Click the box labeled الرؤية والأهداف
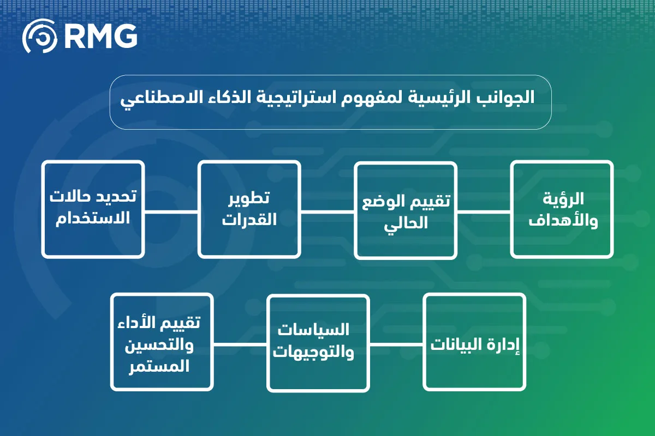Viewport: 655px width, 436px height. (x=562, y=209)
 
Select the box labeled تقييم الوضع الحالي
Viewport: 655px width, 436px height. (x=406, y=209)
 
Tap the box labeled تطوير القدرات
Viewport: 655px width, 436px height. (x=249, y=209)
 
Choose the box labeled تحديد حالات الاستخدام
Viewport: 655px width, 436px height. (x=93, y=209)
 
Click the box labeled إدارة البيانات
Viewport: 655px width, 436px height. (x=474, y=342)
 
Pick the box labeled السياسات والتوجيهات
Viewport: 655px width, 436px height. (x=318, y=342)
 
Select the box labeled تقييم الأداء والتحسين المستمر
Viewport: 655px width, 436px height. (x=162, y=342)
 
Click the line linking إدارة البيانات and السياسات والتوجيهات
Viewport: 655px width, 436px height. (x=396, y=344)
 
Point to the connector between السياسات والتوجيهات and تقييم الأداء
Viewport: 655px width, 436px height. (x=240, y=344)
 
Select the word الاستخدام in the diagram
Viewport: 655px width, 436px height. (x=93, y=220)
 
